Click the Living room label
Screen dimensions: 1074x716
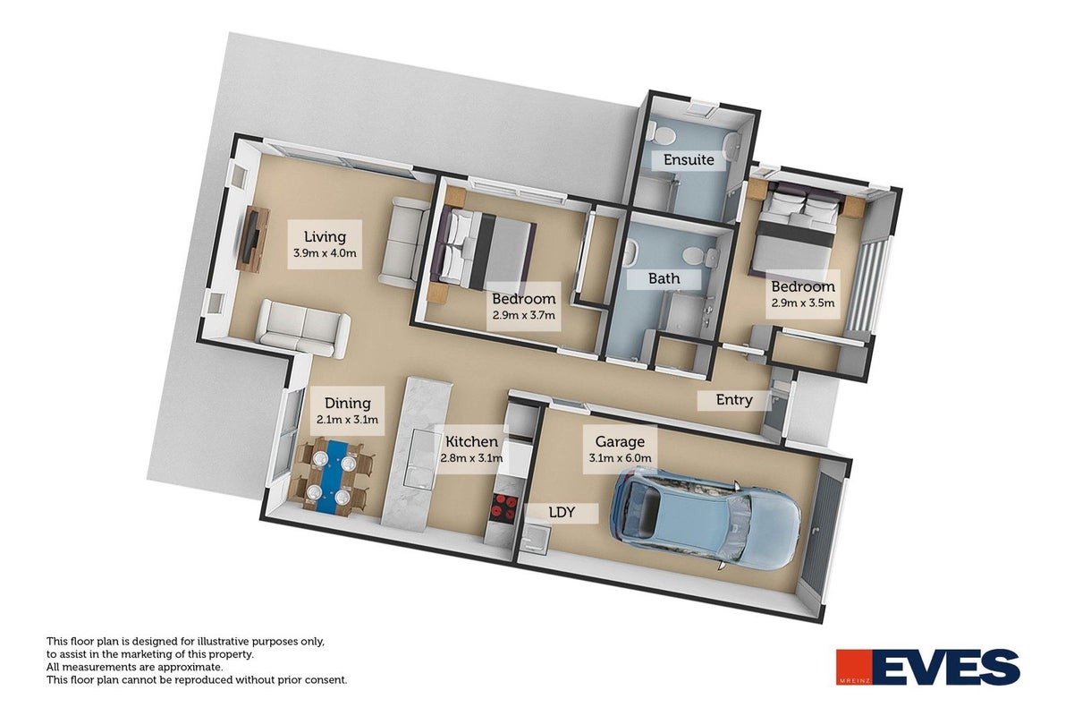325,236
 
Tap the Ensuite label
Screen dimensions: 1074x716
689,160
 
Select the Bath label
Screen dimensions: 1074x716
664,278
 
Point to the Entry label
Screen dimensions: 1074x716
734,400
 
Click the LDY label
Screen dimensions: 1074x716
562,513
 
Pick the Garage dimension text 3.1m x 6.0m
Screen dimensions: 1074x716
620,458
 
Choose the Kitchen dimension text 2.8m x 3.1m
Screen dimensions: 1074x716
471,458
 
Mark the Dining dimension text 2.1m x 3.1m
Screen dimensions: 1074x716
347,420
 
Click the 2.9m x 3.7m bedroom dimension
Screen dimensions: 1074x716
523,315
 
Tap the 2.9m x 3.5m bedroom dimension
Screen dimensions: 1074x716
803,303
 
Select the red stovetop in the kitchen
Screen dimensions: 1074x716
504,507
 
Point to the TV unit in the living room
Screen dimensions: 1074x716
253,240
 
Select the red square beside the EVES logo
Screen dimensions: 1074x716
853,667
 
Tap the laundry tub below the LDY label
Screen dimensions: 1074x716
534,540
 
